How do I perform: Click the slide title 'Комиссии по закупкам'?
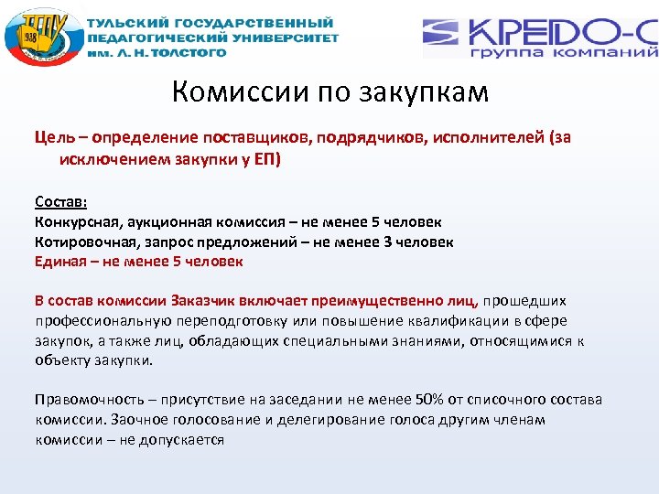[329, 92]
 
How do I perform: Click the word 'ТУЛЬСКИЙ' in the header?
[131, 22]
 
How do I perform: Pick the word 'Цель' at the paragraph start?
[51, 138]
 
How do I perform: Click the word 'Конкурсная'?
[75, 222]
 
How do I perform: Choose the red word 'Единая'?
[59, 262]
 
